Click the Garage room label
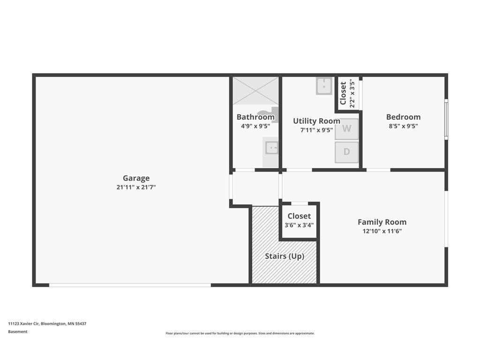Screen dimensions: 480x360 [x=136, y=178]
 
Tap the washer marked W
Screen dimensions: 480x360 [x=346, y=128]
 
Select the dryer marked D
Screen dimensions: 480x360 [x=346, y=152]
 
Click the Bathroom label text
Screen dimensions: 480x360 [x=255, y=117]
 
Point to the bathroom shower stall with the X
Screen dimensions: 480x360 [x=255, y=91]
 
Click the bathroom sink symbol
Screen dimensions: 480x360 [x=271, y=148]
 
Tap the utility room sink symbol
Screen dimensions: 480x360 [x=324, y=86]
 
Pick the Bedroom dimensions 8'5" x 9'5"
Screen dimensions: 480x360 [x=403, y=126]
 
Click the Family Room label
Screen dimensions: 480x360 [x=382, y=222]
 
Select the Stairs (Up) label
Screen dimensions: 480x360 [x=285, y=256]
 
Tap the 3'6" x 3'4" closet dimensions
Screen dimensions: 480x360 [x=299, y=225]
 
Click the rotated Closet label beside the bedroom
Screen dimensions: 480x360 [x=343, y=93]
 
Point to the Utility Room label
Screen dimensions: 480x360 [x=316, y=121]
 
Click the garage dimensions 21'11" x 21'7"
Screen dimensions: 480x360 [x=136, y=187]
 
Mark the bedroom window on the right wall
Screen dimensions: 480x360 [x=446, y=120]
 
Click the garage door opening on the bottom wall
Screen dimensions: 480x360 [x=130, y=285]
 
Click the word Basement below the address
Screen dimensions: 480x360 [x=18, y=331]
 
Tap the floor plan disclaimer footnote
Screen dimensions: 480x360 [x=240, y=333]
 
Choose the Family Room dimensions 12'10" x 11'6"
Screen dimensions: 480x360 [x=382, y=232]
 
